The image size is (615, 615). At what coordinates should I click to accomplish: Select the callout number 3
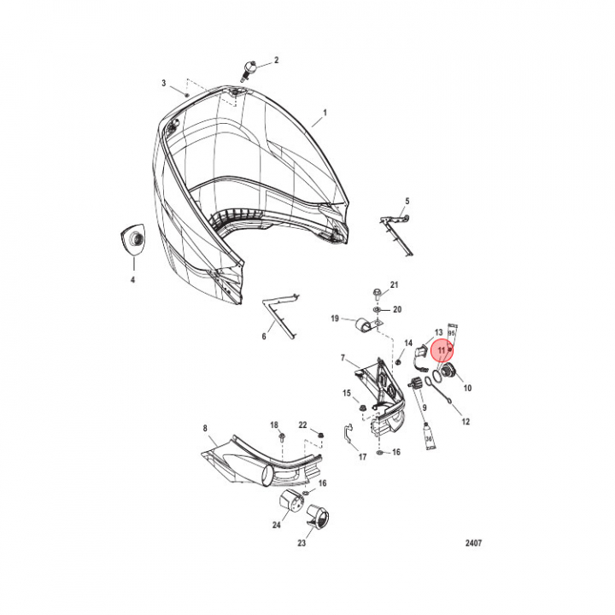point(163,83)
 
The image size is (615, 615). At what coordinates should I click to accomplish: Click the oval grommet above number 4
point(133,239)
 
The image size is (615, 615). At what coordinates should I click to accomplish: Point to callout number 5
point(407,201)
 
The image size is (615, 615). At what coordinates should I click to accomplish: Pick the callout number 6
point(264,337)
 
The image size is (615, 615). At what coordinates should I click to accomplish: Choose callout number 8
point(205,427)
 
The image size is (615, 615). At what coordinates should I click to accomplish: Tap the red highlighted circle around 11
point(442,349)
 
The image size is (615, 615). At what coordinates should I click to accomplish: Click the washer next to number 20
point(378,308)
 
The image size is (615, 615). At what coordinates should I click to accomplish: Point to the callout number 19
point(336,319)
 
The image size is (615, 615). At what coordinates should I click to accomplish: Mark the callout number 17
point(362,457)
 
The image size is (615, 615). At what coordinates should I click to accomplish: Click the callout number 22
point(302,425)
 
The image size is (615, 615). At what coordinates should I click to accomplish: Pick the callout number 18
point(274,425)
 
